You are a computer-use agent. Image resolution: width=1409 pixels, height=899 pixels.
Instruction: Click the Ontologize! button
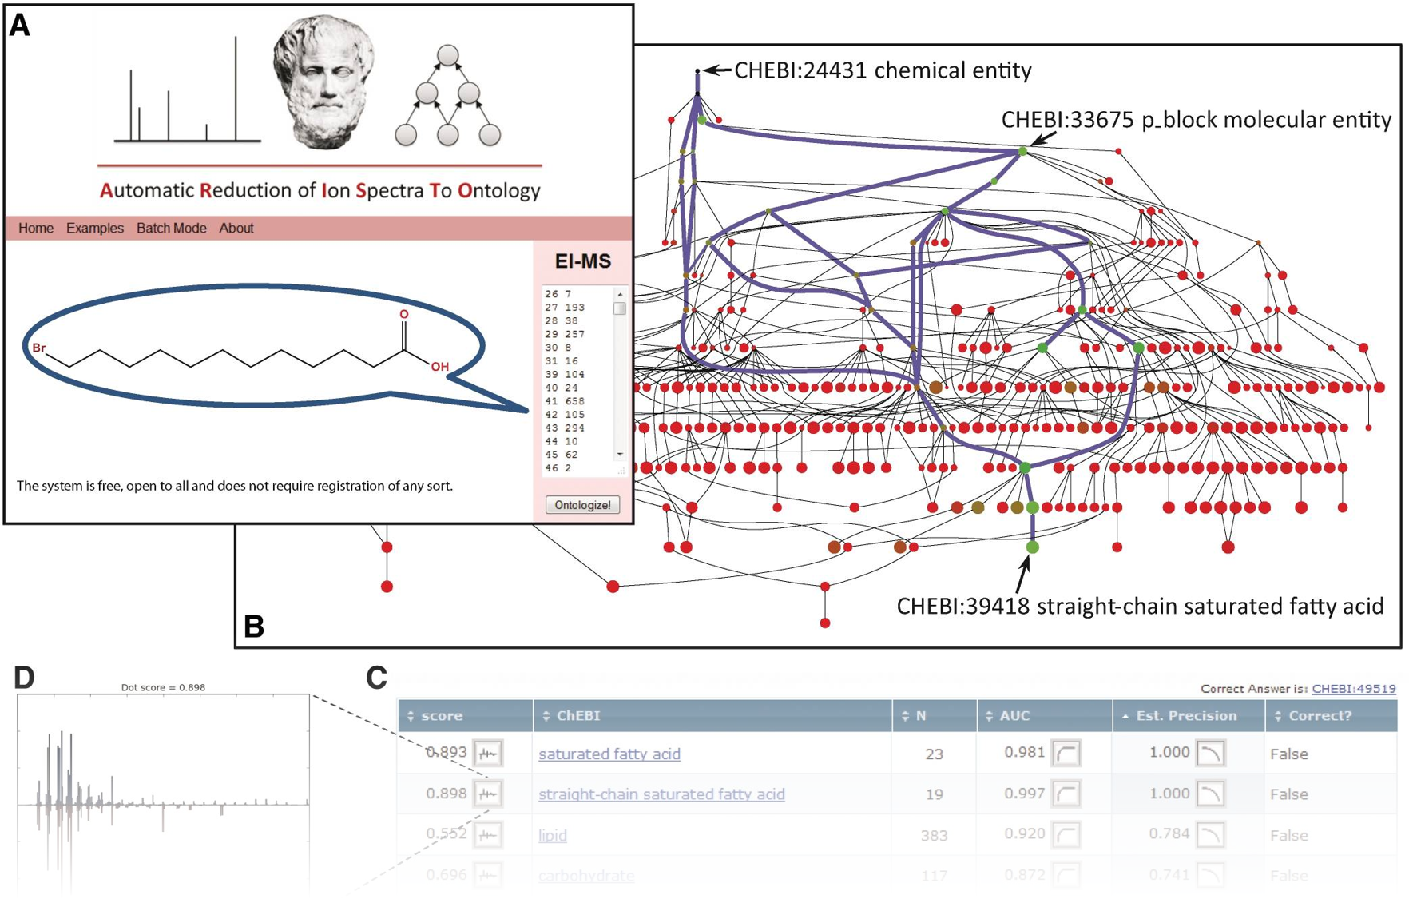(x=582, y=505)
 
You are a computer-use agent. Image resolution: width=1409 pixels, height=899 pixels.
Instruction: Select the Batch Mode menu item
(x=171, y=229)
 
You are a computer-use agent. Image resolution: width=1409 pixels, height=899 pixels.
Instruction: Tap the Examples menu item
(x=95, y=229)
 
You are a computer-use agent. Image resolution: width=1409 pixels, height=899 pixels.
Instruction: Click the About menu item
(x=236, y=229)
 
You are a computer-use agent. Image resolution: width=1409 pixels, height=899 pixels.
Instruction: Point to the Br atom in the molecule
(x=39, y=348)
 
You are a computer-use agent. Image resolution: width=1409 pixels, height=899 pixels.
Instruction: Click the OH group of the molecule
(x=440, y=367)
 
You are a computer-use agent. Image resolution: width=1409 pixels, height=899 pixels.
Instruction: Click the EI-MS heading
(x=583, y=262)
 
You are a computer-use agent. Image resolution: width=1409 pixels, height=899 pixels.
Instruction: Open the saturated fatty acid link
(x=609, y=754)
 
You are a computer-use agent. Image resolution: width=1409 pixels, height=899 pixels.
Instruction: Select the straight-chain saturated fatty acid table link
(x=661, y=794)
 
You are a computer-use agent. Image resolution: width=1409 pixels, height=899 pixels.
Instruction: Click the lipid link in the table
(x=553, y=835)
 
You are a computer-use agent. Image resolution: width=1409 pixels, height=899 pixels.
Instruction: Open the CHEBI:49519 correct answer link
(x=1354, y=689)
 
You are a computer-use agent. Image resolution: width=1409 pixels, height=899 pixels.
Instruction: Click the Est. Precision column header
(x=1186, y=716)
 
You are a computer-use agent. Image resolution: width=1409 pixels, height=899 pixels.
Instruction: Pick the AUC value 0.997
(x=1025, y=794)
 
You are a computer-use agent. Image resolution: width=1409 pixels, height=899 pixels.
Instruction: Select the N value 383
(x=934, y=836)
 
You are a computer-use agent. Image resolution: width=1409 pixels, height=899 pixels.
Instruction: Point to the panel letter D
(x=25, y=678)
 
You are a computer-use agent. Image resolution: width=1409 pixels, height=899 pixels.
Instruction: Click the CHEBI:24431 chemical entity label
(x=883, y=71)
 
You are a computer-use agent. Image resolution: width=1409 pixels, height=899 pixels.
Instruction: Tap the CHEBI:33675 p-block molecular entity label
(x=1196, y=120)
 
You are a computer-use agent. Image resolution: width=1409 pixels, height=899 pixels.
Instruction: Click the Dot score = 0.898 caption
(x=163, y=687)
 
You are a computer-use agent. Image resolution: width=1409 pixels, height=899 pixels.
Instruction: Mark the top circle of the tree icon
(x=448, y=55)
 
